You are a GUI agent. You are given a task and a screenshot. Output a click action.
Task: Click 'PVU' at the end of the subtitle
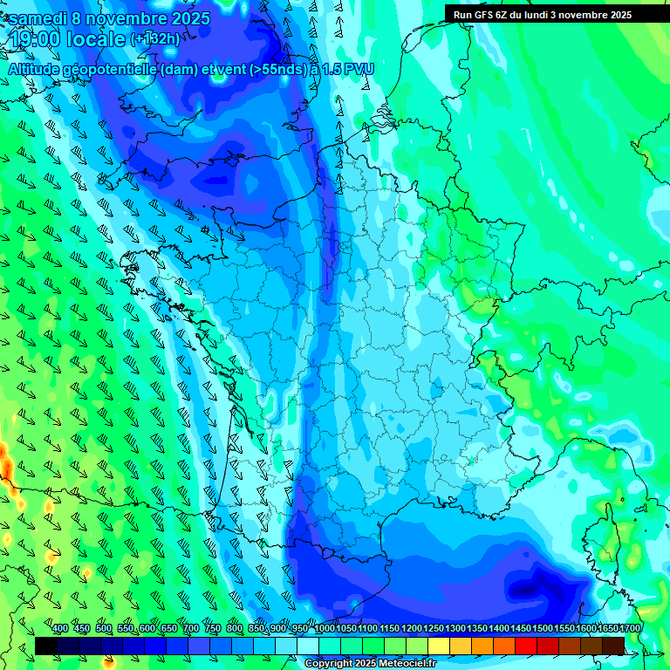tap(359, 69)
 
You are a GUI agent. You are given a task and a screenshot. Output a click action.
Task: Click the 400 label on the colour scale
tap(60, 628)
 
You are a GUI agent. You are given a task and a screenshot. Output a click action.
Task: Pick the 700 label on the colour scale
tap(191, 628)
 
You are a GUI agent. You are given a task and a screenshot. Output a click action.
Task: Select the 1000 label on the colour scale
tap(324, 628)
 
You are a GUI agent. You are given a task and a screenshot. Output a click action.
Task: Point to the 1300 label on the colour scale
tap(455, 628)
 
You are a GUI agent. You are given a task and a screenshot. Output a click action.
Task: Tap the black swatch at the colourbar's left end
tap(45, 646)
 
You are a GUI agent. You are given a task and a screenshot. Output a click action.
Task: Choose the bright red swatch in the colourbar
tap(526, 646)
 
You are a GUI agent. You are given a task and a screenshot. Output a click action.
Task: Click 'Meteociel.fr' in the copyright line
tap(407, 664)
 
